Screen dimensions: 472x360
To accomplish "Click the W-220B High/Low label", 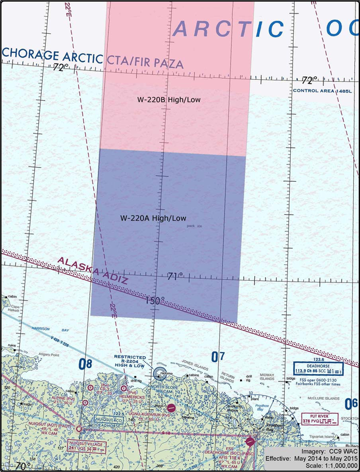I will tap(169, 100).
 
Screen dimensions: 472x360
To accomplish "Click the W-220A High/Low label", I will tap(153, 218).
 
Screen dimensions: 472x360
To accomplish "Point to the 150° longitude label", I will tap(155, 301).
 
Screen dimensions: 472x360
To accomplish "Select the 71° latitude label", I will tap(175, 277).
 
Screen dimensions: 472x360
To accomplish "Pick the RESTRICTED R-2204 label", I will tap(130, 361).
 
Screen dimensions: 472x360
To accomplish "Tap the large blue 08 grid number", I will tap(85, 364).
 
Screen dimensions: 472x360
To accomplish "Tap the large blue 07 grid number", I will tap(218, 356).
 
